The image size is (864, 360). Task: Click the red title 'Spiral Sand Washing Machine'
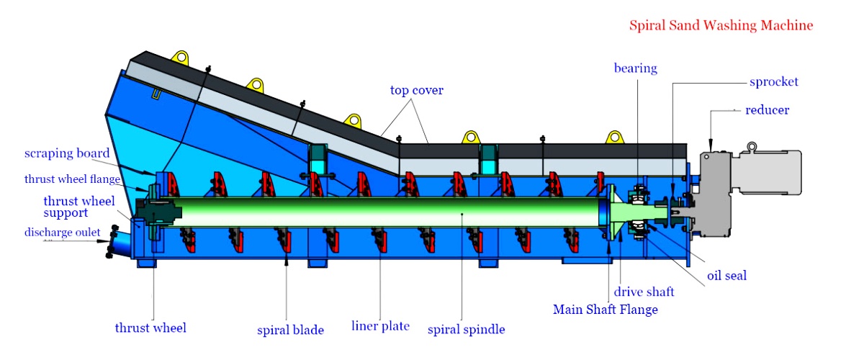(x=721, y=26)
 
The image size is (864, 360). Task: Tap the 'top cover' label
(x=416, y=90)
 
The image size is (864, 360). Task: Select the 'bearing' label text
(x=635, y=68)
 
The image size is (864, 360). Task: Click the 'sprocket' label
(x=773, y=81)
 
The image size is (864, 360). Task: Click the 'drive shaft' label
(x=644, y=292)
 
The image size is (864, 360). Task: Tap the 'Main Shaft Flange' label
(x=605, y=310)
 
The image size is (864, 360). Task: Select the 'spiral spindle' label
(x=466, y=330)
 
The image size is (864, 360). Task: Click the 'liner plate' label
(x=381, y=326)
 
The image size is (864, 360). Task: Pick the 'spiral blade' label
(x=290, y=330)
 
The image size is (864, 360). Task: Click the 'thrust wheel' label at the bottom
(x=150, y=328)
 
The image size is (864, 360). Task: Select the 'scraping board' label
(x=67, y=153)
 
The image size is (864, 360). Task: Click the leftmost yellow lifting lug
(x=179, y=56)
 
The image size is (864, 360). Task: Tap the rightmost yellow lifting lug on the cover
(x=614, y=137)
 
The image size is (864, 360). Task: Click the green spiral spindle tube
(x=389, y=213)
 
